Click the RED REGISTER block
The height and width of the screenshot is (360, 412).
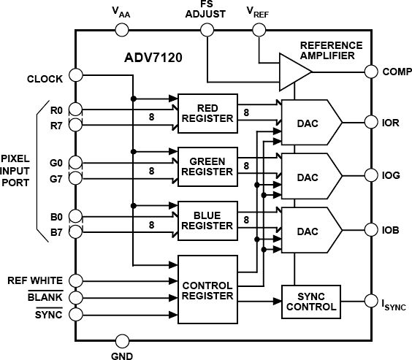click(207, 113)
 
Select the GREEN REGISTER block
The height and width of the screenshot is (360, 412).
click(207, 166)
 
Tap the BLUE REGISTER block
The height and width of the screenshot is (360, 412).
click(207, 221)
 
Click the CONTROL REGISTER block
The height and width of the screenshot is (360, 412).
click(207, 290)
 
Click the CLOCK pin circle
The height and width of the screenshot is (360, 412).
click(75, 76)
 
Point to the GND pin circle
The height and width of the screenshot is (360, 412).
click(123, 340)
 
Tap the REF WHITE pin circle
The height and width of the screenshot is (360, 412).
click(75, 280)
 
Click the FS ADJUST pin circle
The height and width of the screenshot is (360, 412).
click(207, 30)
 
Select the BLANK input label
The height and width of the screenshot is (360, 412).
click(45, 297)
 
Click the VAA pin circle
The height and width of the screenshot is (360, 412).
click(123, 30)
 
